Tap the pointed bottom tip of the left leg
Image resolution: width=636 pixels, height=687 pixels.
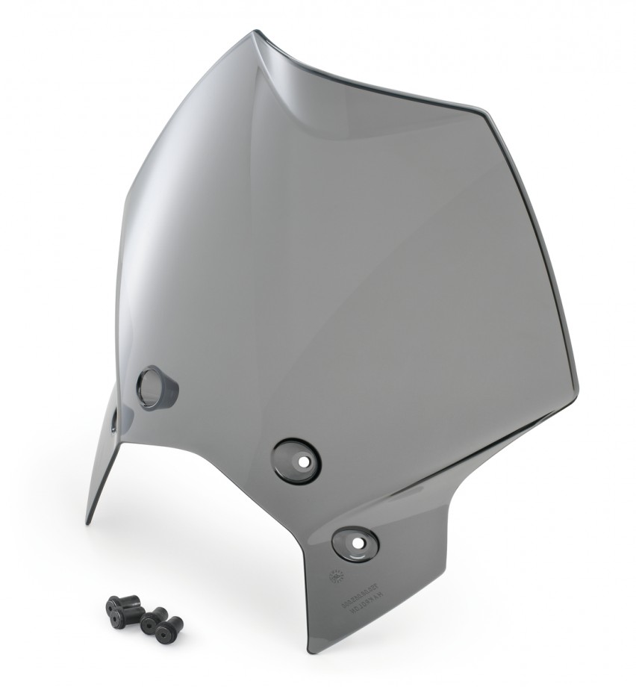pos(88,522)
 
